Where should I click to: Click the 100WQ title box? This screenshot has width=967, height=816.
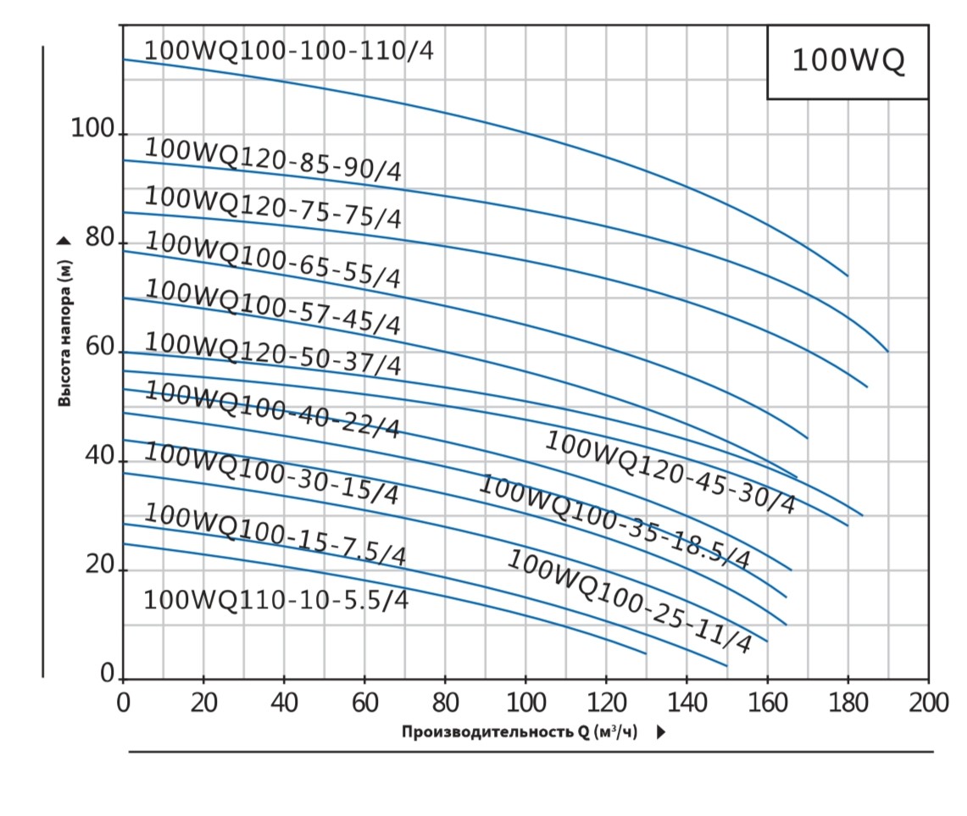pos(848,62)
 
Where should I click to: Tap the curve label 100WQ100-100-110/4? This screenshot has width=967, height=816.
pos(288,51)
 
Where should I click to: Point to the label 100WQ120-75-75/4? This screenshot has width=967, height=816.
pos(273,207)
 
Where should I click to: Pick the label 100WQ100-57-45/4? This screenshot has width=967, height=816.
pos(273,306)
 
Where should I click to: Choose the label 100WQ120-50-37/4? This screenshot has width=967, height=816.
pos(273,354)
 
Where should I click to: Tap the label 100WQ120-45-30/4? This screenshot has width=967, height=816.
pos(670,472)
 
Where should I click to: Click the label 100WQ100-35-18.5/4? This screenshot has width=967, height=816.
pos(614,522)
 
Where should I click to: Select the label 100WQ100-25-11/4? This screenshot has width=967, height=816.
pos(629,601)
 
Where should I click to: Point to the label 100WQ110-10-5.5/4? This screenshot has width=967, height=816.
pos(276,600)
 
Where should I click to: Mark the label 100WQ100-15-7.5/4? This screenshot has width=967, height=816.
pos(275,534)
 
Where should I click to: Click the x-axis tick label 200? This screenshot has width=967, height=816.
pos(929,703)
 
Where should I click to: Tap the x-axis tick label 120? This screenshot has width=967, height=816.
pos(606,703)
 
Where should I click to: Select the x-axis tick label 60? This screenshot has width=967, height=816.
pos(364,703)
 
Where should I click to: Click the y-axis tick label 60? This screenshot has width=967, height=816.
pos(100,347)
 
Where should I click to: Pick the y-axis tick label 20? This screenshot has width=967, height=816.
pos(100,565)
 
